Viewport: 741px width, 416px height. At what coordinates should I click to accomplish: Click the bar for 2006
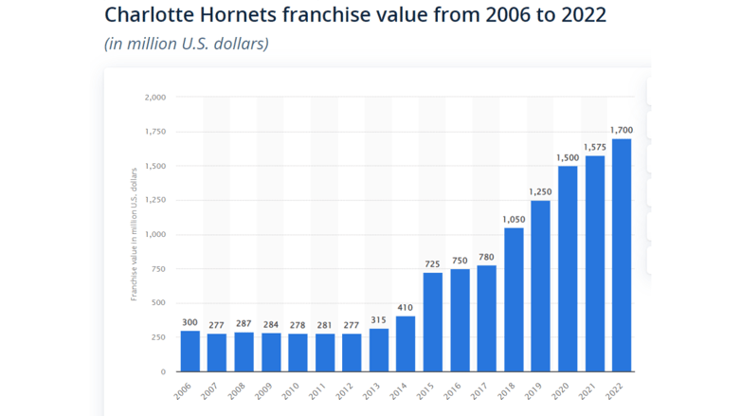(x=190, y=352)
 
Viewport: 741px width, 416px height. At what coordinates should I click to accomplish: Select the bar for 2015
(x=432, y=322)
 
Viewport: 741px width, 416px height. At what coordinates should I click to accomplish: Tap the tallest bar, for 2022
(x=622, y=256)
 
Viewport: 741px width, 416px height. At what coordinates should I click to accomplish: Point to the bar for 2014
(x=406, y=344)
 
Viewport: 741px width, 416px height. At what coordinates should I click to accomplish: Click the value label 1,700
(x=622, y=130)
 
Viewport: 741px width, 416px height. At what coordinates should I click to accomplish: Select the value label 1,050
(x=514, y=219)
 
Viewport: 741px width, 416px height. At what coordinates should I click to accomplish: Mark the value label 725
(x=432, y=263)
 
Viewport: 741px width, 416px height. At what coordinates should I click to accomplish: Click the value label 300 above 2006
(x=190, y=322)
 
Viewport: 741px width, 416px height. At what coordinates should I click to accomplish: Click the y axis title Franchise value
(x=135, y=233)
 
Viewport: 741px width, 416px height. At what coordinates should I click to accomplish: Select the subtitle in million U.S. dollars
(x=186, y=44)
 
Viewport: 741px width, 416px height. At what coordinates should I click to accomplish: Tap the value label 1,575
(x=594, y=147)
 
